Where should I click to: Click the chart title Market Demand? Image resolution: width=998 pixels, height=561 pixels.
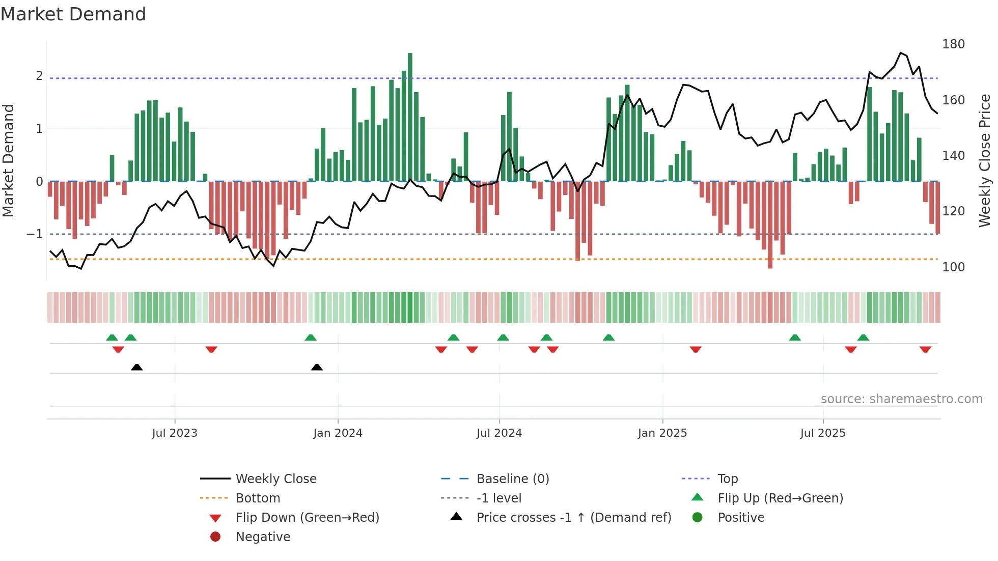(x=73, y=14)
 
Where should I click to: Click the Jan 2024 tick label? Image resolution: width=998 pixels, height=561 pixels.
(x=338, y=433)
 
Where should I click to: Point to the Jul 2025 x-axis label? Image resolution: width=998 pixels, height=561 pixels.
(x=822, y=433)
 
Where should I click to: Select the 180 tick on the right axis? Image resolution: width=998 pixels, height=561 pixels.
(x=953, y=44)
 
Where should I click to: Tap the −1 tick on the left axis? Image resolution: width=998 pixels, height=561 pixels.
(x=35, y=234)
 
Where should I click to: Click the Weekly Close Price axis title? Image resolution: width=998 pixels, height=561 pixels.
(x=985, y=160)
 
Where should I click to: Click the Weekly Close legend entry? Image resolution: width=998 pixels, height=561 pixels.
(x=275, y=479)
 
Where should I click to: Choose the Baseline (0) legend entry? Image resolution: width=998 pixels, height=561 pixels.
(x=512, y=479)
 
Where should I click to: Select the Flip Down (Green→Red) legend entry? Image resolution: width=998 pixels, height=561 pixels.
(x=307, y=518)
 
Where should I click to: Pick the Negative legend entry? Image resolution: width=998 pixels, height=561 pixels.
(x=263, y=537)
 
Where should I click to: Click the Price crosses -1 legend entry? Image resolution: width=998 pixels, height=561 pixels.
(x=573, y=518)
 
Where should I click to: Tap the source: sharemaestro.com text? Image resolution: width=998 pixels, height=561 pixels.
(x=901, y=399)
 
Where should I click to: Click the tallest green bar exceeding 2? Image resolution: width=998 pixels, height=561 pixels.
(x=410, y=117)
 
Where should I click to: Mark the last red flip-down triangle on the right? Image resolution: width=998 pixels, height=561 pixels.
(x=925, y=349)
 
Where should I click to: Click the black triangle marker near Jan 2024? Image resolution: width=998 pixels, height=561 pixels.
(x=317, y=367)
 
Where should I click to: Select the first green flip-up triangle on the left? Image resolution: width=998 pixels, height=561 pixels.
(x=112, y=338)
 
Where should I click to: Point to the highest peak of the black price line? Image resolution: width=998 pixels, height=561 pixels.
(x=901, y=53)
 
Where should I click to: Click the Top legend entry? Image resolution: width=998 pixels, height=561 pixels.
(x=727, y=479)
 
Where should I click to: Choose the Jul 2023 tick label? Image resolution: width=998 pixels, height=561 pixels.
(x=175, y=433)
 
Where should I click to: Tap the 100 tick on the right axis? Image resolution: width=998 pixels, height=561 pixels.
(x=953, y=267)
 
